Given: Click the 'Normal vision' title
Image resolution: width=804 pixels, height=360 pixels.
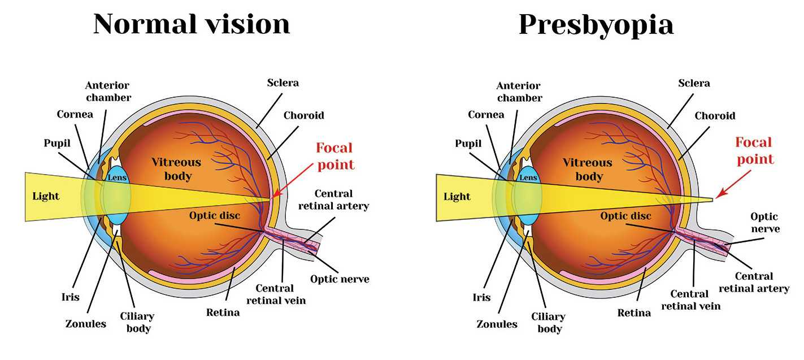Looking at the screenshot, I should [192, 24].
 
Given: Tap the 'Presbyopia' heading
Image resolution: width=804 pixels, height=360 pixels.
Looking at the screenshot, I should [596, 24].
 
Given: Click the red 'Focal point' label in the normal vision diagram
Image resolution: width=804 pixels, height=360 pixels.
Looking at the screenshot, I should [334, 156].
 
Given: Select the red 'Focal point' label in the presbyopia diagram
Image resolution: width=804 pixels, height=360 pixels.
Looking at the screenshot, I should [754, 150].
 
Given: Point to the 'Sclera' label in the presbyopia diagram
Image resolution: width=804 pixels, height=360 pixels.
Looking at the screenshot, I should [694, 83].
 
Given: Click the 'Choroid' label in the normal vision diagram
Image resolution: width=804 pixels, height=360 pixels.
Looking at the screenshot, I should [303, 115].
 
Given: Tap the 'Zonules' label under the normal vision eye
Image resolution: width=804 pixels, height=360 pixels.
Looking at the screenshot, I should [85, 324].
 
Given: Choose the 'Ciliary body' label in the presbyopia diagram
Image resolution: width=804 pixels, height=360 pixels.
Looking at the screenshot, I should [548, 322].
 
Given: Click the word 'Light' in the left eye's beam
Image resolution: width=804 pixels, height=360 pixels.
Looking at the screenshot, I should [46, 196].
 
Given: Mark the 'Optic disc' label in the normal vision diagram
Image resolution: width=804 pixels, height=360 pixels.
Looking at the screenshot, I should [214, 215].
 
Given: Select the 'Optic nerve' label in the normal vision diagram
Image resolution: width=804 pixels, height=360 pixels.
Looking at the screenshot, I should [340, 279].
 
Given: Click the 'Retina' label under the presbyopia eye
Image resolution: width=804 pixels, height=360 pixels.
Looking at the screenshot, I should [634, 313].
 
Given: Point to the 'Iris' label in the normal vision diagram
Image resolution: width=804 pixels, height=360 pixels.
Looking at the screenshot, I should [71, 297].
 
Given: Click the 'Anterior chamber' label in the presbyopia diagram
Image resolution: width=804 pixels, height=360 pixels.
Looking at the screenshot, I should [519, 92].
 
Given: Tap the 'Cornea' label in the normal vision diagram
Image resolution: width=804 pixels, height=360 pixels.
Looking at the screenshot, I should [75, 114].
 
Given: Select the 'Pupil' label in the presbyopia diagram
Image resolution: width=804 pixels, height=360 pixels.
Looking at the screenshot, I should [468, 144].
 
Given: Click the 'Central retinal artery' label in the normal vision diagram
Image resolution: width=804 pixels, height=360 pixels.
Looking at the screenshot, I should [333, 199].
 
